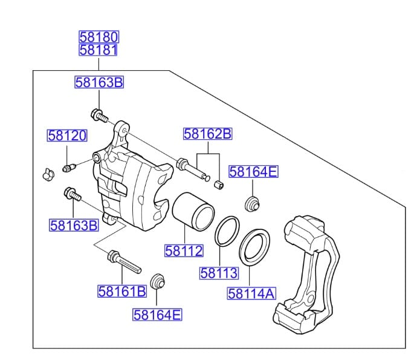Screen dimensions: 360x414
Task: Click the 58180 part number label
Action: point(98,37)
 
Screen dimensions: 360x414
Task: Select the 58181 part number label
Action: point(98,50)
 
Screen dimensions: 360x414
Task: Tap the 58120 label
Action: point(67,136)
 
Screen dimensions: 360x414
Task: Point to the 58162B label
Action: point(208,134)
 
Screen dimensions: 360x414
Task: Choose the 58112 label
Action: point(184,250)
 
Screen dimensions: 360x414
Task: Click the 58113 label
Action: point(219,273)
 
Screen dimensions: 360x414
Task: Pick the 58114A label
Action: point(251,294)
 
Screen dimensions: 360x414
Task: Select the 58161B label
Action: point(122,292)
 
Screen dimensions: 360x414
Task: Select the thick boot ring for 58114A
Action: point(255,246)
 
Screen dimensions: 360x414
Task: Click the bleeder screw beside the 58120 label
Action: point(68,166)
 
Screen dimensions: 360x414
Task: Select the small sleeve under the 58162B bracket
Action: point(219,183)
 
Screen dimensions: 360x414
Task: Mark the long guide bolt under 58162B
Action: point(193,169)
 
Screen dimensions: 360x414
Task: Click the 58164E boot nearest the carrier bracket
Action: point(252,203)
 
